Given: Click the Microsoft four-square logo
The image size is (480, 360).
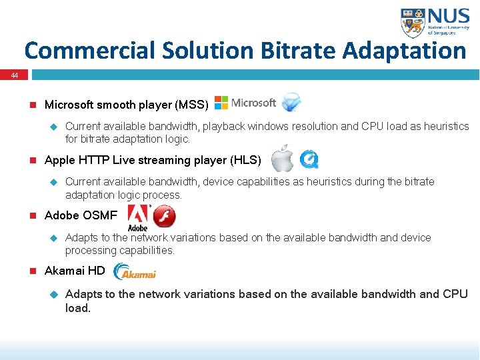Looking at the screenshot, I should pyautogui.click(x=221, y=103).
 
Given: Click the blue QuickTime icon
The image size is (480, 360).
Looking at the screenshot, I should pyautogui.click(x=309, y=159).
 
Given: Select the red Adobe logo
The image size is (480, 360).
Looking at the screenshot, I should pyautogui.click(x=137, y=217).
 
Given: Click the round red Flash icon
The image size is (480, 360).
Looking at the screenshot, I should pyautogui.click(x=165, y=216).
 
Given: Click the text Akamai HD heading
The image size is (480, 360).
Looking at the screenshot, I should pyautogui.click(x=74, y=271).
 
